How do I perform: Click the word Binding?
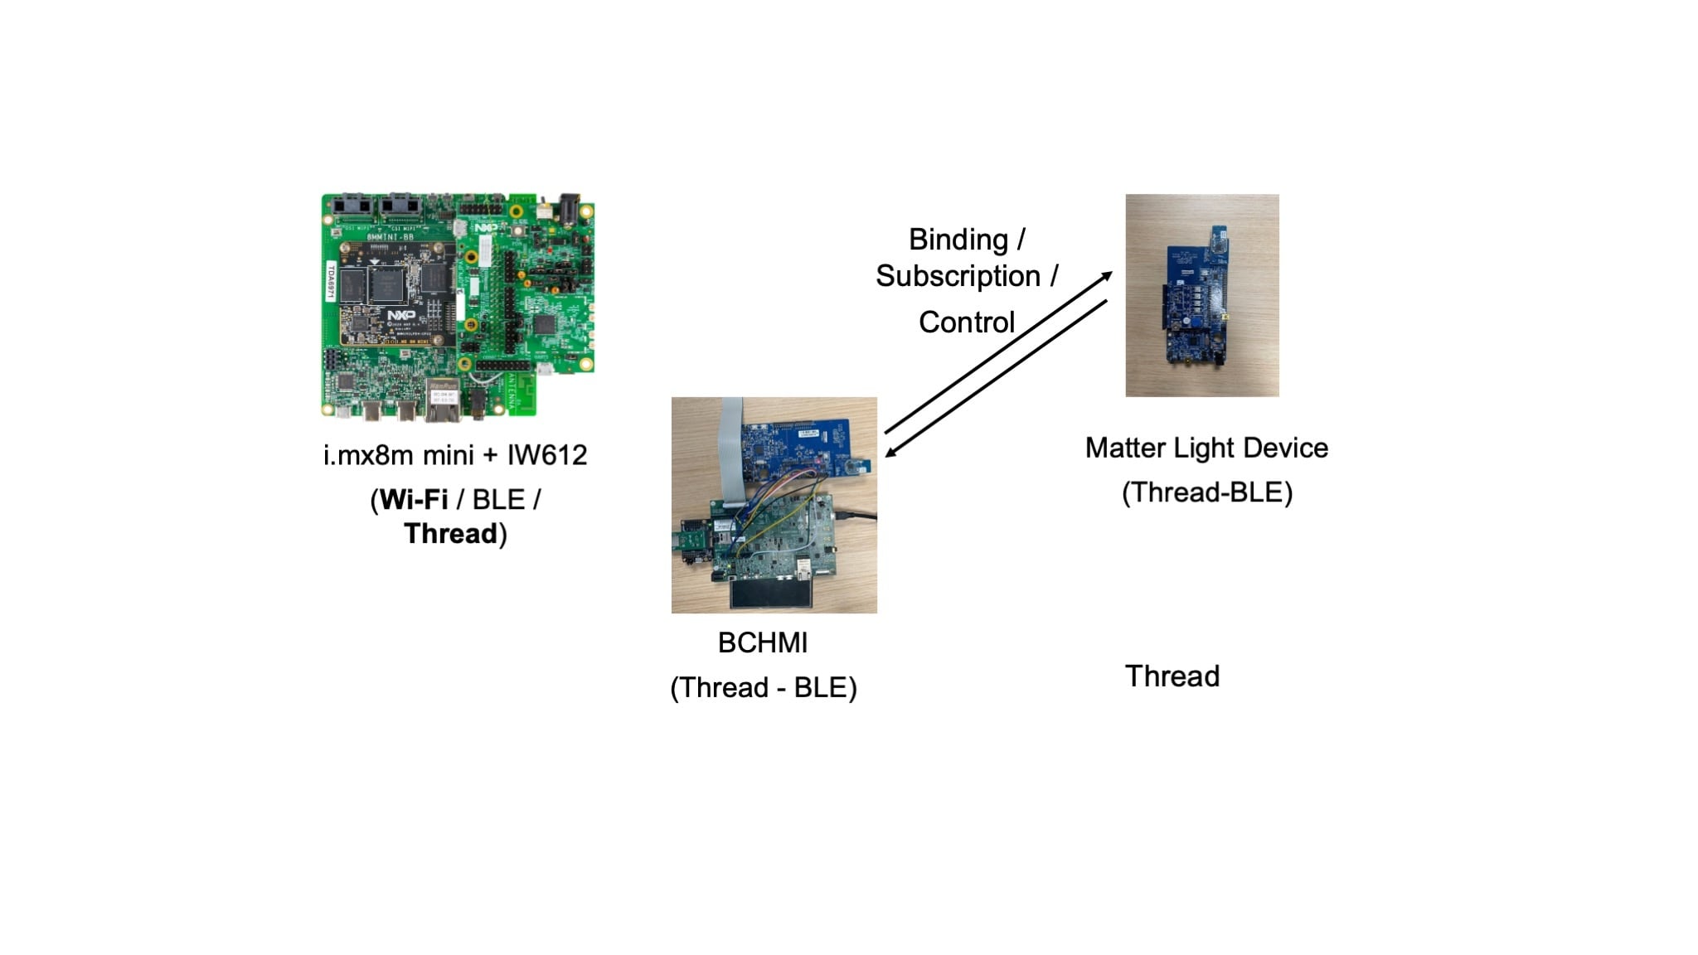pyautogui.click(x=958, y=240)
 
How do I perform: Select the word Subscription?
pyautogui.click(x=958, y=276)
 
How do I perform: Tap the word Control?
pyautogui.click(x=967, y=322)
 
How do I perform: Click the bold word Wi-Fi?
pyautogui.click(x=414, y=500)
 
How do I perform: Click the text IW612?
pyautogui.click(x=547, y=455)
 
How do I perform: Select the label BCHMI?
pyautogui.click(x=763, y=643)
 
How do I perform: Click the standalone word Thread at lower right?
pyautogui.click(x=1172, y=676)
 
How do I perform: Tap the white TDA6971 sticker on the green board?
pyautogui.click(x=330, y=282)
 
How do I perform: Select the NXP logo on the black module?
pyautogui.click(x=401, y=316)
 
